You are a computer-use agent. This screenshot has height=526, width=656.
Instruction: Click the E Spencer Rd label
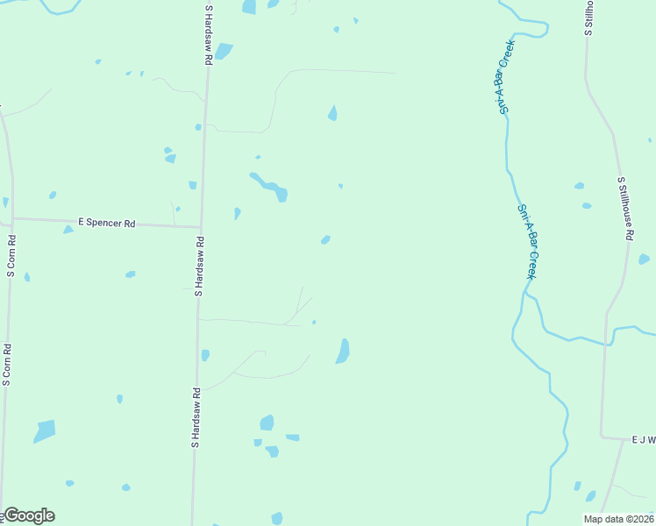[106, 224]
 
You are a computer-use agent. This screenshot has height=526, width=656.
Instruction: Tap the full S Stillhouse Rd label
[624, 209]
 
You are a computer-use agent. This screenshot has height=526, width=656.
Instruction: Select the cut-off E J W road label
[643, 440]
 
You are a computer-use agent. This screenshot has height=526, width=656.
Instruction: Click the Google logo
[29, 515]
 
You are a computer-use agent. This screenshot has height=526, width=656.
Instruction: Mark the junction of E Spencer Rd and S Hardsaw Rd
[201, 226]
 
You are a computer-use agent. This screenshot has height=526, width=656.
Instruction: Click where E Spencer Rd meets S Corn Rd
[11, 219]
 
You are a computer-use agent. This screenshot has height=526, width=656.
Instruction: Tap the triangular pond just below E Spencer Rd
[68, 230]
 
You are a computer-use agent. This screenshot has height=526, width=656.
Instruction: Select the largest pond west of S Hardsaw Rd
[44, 431]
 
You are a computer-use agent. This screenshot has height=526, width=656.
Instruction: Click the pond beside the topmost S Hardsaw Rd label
[224, 51]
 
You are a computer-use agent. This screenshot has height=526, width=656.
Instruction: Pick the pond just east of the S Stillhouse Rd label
[644, 259]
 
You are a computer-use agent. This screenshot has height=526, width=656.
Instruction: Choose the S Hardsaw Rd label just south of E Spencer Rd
[200, 266]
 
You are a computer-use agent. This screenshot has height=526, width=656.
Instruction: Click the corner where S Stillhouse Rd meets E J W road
[602, 436]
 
